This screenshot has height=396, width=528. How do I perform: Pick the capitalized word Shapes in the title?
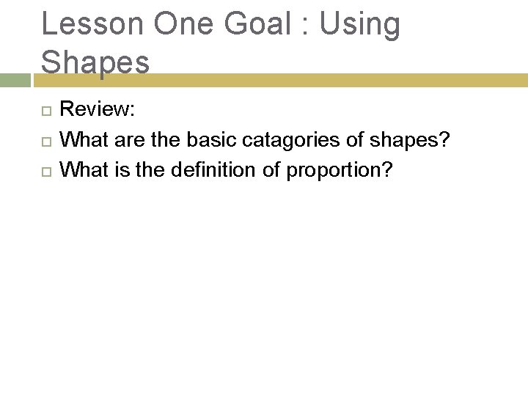[x=95, y=62]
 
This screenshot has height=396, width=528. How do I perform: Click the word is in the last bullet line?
[x=114, y=170]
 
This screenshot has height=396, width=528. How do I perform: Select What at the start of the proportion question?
[x=81, y=170]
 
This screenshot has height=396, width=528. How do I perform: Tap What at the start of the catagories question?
[x=81, y=139]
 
